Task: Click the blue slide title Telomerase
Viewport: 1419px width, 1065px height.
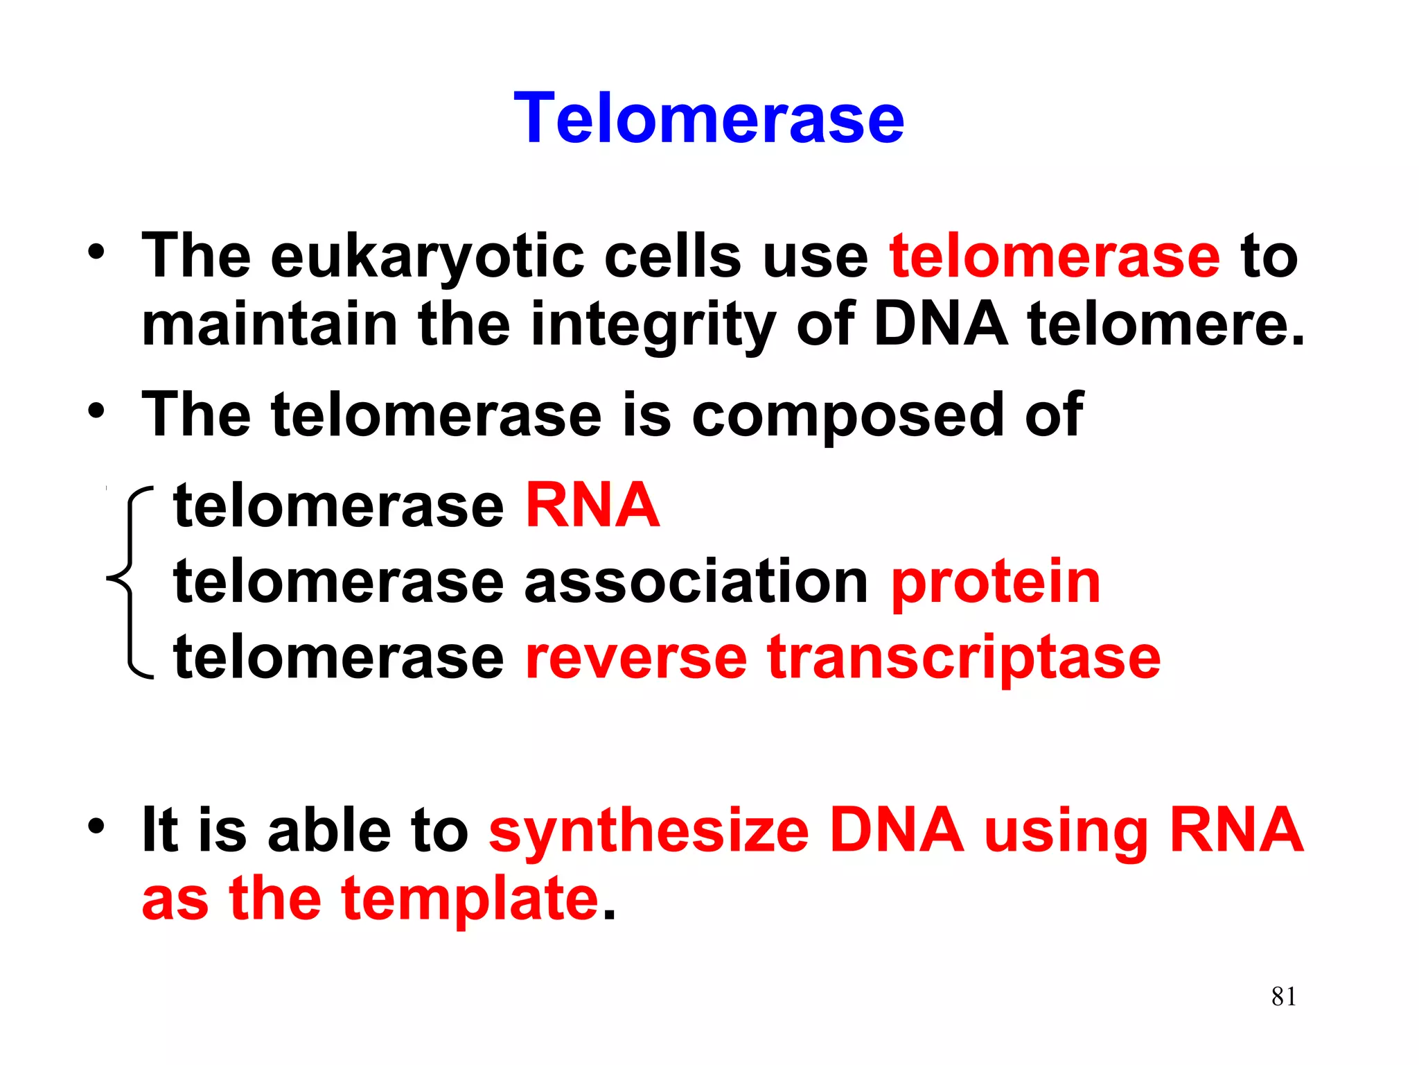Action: coord(709,119)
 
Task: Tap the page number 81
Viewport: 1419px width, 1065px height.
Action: coord(1283,996)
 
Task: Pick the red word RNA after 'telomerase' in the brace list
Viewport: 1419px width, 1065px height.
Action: coord(592,505)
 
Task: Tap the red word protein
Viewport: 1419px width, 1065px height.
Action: coord(996,582)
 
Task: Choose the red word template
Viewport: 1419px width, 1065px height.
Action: coord(470,899)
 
